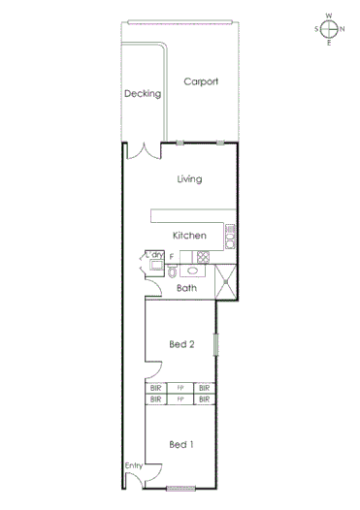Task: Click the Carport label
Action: (201, 82)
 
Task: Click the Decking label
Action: (141, 94)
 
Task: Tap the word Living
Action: (189, 178)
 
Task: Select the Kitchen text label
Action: (189, 236)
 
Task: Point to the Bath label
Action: (186, 288)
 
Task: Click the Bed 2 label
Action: (182, 344)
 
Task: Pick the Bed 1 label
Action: (182, 444)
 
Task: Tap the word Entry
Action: (134, 466)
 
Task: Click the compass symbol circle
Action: (329, 29)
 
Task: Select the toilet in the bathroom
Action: (159, 273)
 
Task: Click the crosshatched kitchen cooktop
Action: (203, 257)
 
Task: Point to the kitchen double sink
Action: (230, 235)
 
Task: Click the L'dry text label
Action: (155, 254)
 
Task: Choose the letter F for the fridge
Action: (172, 257)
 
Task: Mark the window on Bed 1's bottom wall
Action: (181, 487)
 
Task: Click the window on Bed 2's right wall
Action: (216, 344)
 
